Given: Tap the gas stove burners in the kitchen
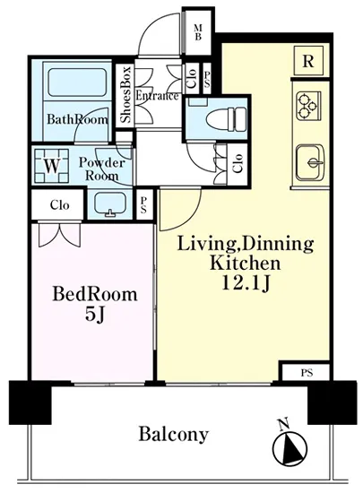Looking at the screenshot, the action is (x=307, y=106).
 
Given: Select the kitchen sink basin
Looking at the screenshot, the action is (x=310, y=162).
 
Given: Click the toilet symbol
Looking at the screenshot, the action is (x=226, y=119).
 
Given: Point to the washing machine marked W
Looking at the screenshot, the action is (x=52, y=166).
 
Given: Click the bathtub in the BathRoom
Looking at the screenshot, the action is (x=77, y=82).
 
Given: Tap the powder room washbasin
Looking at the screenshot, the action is (x=110, y=203).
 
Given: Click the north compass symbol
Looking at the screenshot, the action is (x=290, y=447).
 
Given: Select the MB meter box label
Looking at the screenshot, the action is (x=198, y=32).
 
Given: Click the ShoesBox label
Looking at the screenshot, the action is (x=125, y=94).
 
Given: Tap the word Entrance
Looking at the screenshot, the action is (x=157, y=96).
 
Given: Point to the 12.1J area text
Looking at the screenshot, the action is (x=246, y=283).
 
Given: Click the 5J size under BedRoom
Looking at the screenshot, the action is (x=94, y=315).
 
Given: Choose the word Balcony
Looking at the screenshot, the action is (x=174, y=435).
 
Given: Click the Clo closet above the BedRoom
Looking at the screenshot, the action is (x=59, y=205).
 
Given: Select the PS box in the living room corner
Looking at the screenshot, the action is (x=307, y=373).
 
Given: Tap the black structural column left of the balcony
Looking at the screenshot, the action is (x=30, y=402).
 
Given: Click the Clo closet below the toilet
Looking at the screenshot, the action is (x=238, y=163).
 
